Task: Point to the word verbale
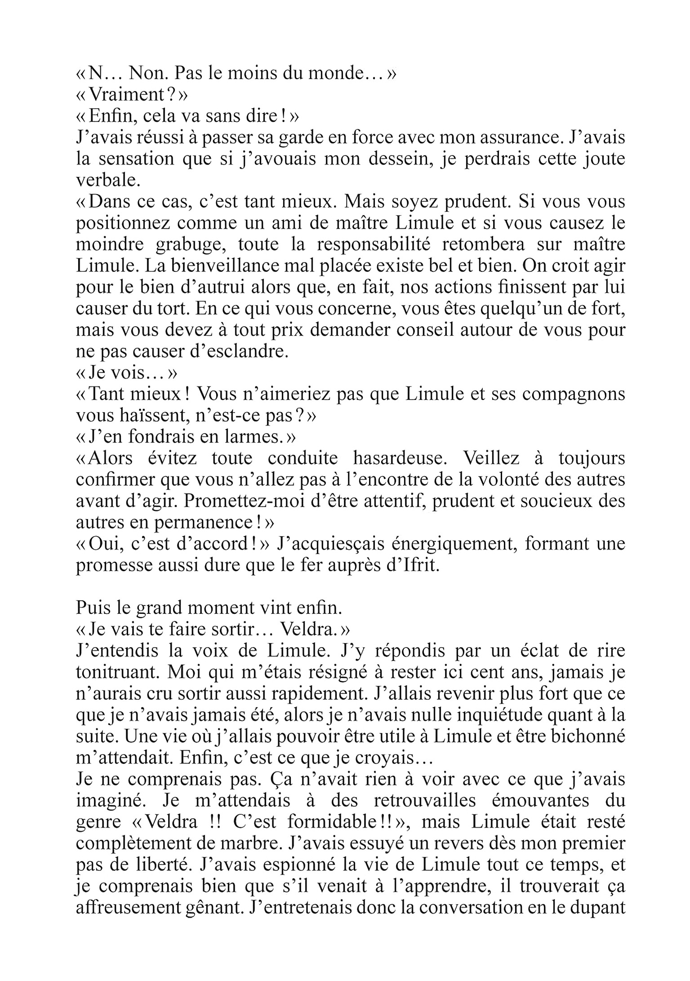coord(106,181)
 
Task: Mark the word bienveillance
coord(208,266)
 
